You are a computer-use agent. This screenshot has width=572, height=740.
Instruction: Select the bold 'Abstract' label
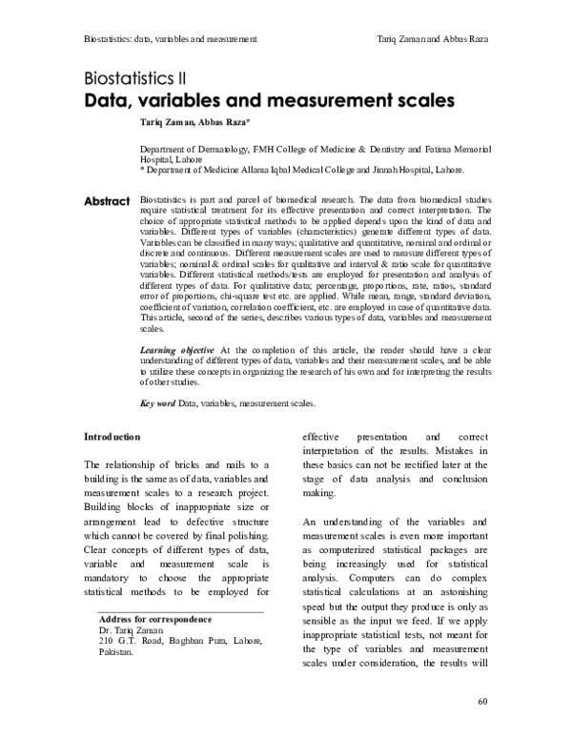coord(107,201)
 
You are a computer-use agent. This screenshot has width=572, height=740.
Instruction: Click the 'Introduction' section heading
coord(112,436)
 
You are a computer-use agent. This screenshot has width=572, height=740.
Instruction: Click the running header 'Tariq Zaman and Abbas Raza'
coord(432,38)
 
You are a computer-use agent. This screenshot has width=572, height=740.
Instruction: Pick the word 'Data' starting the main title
coord(108,99)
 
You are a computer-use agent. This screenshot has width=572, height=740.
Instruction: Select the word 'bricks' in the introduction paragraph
coord(191,463)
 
